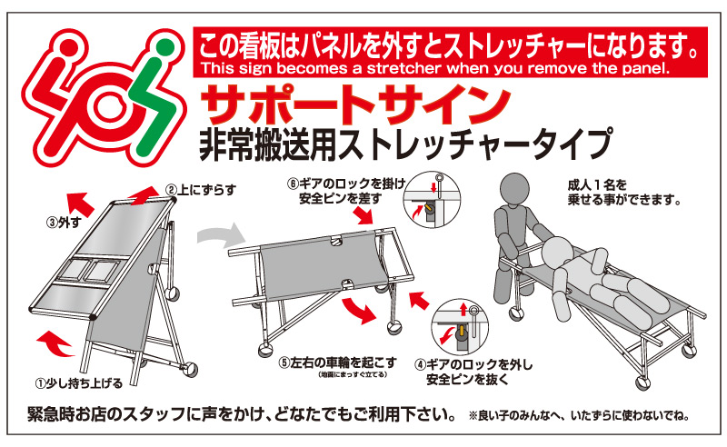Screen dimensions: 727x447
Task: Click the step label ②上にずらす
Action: [x=201, y=190]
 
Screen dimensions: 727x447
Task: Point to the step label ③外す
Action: [x=64, y=223]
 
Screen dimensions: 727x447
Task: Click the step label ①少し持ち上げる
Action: [x=79, y=383]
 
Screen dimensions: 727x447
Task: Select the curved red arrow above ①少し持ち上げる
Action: [x=54, y=344]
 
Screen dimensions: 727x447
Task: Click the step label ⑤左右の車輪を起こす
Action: [x=337, y=362]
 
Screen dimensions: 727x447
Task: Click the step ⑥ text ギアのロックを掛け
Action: [x=353, y=184]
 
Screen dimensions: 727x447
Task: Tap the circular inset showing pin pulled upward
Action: [x=460, y=327]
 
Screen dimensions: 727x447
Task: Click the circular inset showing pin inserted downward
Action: [x=432, y=199]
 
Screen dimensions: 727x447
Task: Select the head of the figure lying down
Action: [x=558, y=253]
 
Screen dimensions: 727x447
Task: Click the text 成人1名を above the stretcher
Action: [x=597, y=185]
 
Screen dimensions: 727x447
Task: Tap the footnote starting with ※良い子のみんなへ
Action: [x=580, y=416]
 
